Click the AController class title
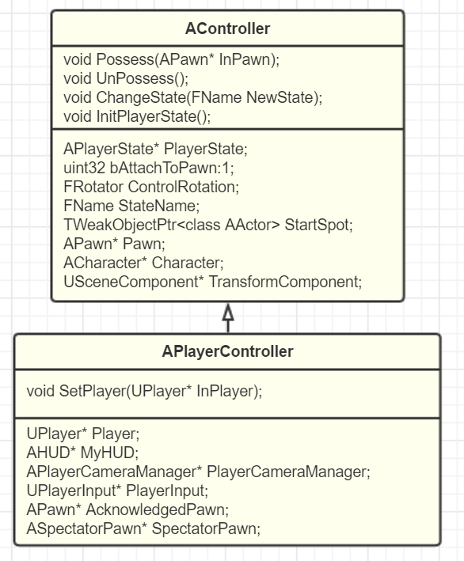point(227,28)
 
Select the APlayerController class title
point(227,351)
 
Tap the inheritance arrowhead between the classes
point(228,313)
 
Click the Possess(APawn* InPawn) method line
point(172,59)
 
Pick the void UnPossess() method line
point(126,78)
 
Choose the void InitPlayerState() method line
point(137,116)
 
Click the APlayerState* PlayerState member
point(155,149)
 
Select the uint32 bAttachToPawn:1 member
point(149,168)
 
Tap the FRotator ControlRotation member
point(151,187)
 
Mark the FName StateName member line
point(131,206)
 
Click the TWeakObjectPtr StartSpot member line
point(208,225)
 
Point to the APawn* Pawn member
point(114,244)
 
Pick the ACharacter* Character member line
point(143,263)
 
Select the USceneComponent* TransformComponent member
point(213,282)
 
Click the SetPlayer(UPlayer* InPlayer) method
point(144,391)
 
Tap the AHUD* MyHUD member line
point(82,453)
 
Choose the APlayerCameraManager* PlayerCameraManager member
point(198,472)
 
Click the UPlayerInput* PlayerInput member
point(117,491)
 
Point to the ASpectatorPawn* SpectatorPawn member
point(143,529)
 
